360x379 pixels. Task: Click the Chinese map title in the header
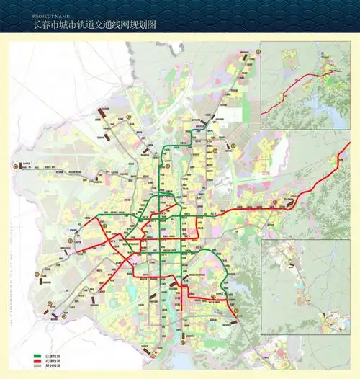click(x=94, y=24)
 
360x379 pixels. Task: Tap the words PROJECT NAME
click(x=50, y=15)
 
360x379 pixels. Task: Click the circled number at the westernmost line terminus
click(x=14, y=167)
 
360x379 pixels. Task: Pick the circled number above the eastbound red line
click(x=274, y=202)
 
